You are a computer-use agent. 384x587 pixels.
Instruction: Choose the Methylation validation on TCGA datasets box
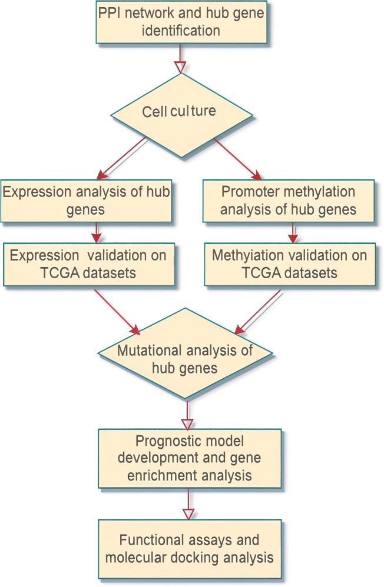pyautogui.click(x=289, y=265)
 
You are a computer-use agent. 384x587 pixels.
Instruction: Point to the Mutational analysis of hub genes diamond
pyautogui.click(x=186, y=359)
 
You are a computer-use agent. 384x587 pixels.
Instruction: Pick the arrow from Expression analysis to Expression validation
pyautogui.click(x=94, y=233)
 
